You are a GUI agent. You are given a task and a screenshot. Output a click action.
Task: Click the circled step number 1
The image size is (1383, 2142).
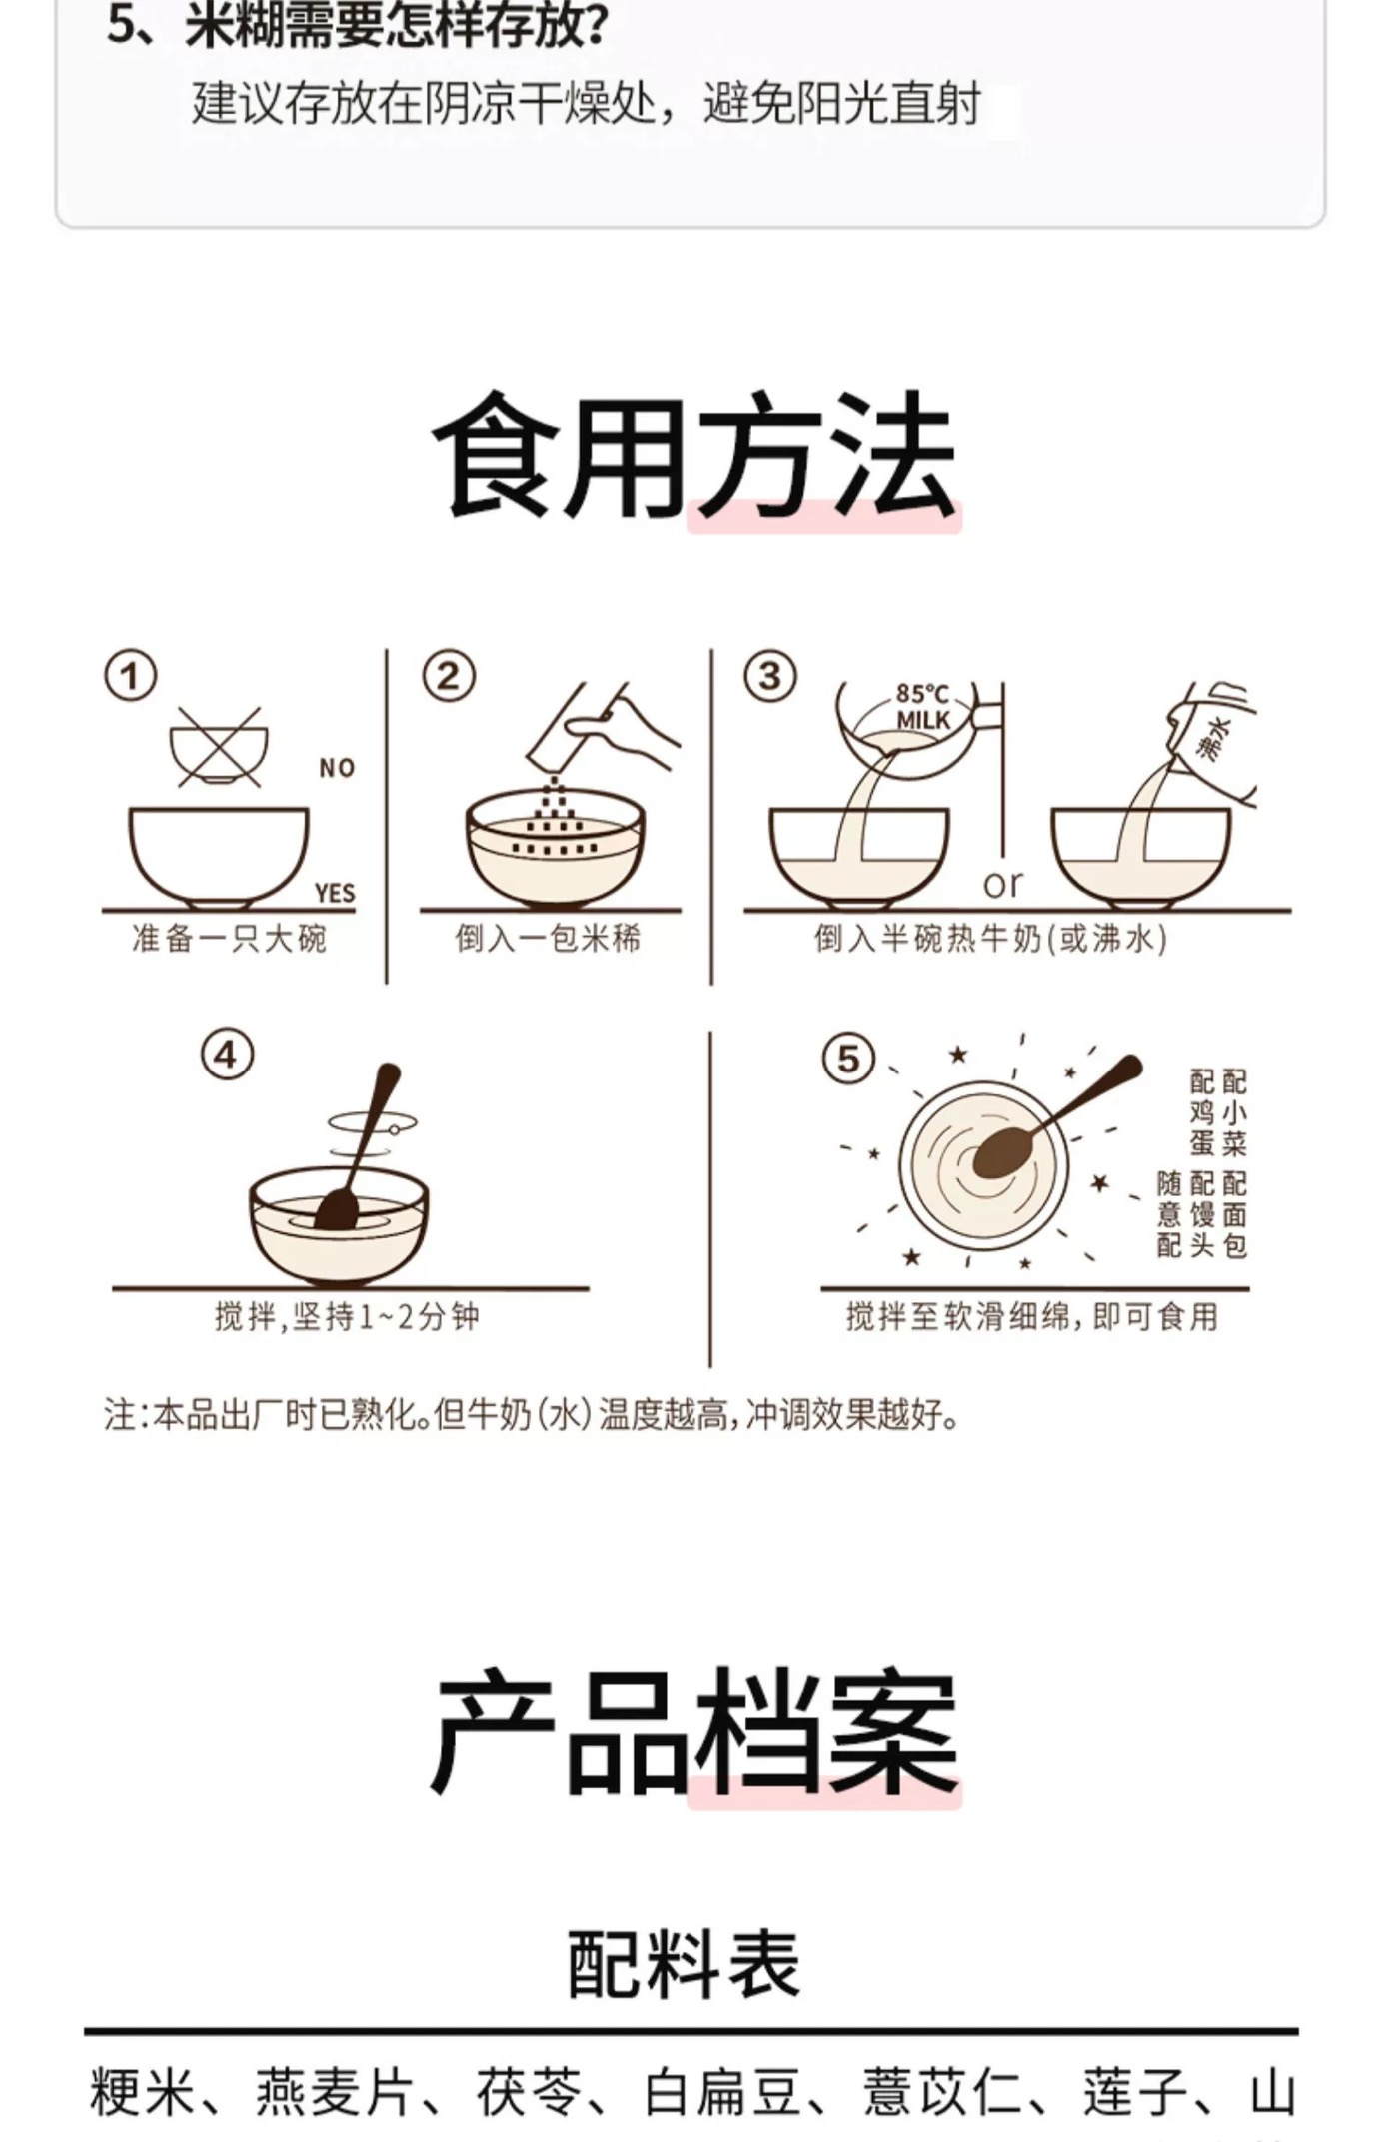131,676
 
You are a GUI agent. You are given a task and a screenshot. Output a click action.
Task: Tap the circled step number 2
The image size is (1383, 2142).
448,676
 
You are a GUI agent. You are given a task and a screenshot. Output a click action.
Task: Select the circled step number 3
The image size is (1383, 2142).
769,676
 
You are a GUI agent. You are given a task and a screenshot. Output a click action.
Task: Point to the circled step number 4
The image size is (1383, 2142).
227,1056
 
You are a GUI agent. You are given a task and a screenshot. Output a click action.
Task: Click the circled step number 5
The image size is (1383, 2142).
848,1059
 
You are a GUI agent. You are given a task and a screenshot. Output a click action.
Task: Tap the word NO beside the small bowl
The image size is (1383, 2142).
337,768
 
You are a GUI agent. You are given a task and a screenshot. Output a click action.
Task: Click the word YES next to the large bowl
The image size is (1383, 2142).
335,893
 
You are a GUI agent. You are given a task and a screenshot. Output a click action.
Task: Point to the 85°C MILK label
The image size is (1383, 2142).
922,706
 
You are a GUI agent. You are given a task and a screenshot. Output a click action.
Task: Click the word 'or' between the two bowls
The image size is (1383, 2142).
1002,884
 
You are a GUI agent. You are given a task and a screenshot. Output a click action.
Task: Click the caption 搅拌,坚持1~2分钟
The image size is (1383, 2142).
347,1316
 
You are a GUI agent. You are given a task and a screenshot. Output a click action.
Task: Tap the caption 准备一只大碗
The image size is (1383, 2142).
229,939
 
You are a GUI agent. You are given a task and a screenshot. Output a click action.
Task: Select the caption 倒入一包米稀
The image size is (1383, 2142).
548,939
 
